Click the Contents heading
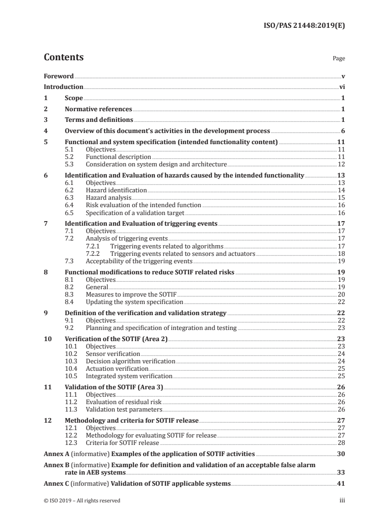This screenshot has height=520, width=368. pyautogui.click(x=64, y=57)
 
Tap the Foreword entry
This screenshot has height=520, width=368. pyautogui.click(x=58, y=76)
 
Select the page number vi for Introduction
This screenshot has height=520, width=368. pyautogui.click(x=342, y=87)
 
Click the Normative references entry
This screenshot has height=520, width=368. pyautogui.click(x=98, y=109)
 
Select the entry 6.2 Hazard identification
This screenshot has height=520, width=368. pyautogui.click(x=116, y=190)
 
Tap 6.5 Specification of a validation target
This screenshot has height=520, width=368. pyautogui.click(x=135, y=213)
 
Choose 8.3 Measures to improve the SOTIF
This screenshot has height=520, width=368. pyautogui.click(x=131, y=294)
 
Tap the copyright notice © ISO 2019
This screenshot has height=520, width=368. pyautogui.click(x=82, y=501)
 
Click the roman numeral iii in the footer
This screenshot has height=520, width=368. pyautogui.click(x=342, y=501)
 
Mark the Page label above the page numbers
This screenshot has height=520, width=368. pyautogui.click(x=339, y=59)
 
